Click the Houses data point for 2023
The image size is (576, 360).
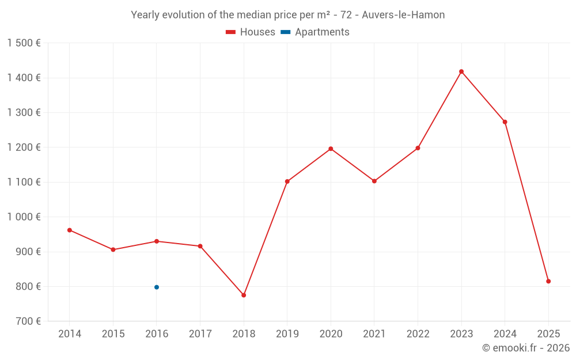461,71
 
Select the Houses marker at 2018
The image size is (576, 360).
244,295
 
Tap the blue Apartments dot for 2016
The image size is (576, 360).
157,287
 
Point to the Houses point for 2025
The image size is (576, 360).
548,281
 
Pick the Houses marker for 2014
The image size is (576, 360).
70,230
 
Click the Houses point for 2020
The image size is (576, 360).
331,149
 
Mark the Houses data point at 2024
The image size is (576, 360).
505,122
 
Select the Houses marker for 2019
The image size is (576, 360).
287,181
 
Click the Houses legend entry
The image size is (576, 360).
251,32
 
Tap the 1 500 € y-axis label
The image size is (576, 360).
24,43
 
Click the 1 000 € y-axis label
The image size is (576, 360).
24,217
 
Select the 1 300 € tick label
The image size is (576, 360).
24,113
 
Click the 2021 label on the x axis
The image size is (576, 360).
374,334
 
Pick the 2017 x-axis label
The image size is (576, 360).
200,334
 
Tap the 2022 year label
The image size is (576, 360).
418,334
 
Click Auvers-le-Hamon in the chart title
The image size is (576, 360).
403,15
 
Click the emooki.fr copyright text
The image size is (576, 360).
526,348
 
